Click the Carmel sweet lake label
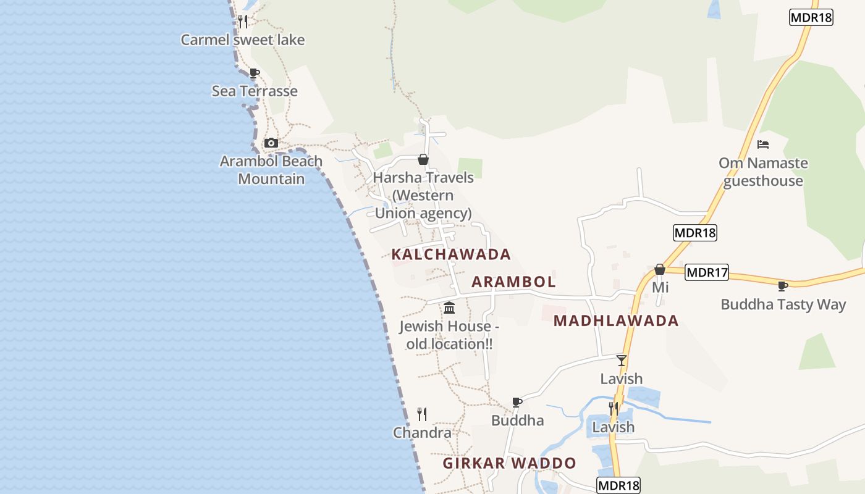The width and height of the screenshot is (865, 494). click(243, 40)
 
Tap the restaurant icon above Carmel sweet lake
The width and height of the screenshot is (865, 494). click(243, 21)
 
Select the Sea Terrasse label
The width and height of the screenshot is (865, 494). click(255, 91)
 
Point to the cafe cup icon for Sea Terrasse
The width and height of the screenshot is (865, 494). click(254, 73)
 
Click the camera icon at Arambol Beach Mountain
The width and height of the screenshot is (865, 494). click(271, 143)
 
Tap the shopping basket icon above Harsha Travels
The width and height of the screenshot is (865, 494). click(423, 159)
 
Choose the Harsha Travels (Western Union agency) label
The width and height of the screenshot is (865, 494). click(423, 195)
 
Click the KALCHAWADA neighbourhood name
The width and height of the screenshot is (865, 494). click(451, 254)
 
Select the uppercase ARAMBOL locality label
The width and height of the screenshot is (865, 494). click(513, 282)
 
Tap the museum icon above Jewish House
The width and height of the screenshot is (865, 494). click(449, 308)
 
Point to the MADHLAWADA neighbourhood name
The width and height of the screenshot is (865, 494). click(616, 321)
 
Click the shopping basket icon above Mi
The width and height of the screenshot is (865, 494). click(660, 269)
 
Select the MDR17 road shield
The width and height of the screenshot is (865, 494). click(707, 272)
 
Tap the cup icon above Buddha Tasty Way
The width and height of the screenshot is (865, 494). click(782, 286)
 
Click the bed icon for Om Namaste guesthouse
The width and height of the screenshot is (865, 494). click(763, 144)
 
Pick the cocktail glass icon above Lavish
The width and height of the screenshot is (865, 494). click(622, 360)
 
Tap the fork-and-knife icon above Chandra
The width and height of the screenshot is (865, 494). click(422, 414)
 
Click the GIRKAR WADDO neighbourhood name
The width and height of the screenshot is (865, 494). click(509, 463)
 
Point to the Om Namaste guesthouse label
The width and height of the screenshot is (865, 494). click(763, 172)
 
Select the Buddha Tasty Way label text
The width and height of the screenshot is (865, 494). click(783, 304)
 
